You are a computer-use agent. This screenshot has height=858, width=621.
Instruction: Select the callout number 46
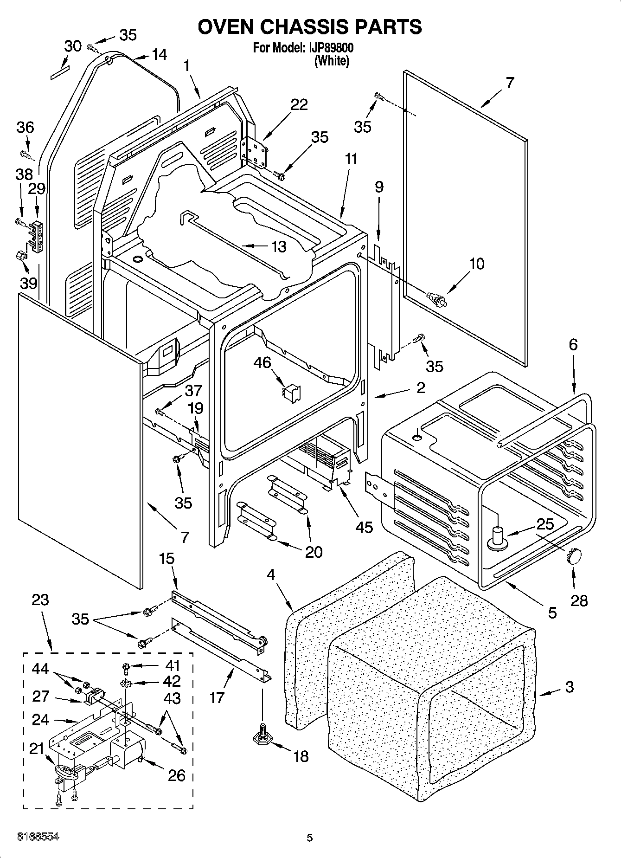(x=262, y=362)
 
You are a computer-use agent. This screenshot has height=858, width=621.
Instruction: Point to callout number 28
(x=579, y=600)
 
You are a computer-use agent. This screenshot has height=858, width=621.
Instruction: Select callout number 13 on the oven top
(x=278, y=246)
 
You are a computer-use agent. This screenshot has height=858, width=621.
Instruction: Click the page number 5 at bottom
(x=310, y=838)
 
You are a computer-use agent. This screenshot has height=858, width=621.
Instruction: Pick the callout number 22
(x=299, y=104)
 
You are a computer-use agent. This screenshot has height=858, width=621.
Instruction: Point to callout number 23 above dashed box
(x=40, y=600)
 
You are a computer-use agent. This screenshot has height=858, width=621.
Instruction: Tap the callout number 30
(x=72, y=45)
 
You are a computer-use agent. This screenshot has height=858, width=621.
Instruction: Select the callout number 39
(x=28, y=283)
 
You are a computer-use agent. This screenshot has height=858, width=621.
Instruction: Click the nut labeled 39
(x=21, y=255)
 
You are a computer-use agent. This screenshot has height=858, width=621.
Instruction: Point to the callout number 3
(x=570, y=687)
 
